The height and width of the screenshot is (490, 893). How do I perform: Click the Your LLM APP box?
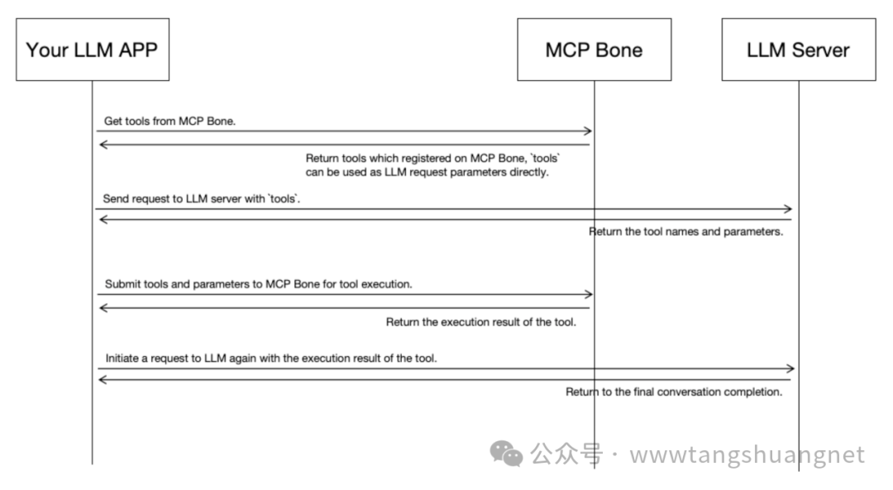click(x=92, y=50)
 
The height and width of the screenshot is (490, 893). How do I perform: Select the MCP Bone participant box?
click(x=594, y=50)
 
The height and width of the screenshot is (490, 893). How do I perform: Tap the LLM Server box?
click(x=798, y=50)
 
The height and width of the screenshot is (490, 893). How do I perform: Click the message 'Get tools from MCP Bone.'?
click(x=170, y=121)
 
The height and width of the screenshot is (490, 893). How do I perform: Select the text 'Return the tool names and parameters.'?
click(x=685, y=232)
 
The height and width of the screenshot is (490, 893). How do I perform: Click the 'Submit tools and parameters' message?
click(x=259, y=284)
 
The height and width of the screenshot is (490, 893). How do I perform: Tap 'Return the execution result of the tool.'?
click(x=481, y=322)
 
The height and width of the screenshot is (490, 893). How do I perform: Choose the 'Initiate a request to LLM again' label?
click(x=271, y=359)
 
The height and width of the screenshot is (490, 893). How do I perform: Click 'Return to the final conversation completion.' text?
click(x=674, y=392)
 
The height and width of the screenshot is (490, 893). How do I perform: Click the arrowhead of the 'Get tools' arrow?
click(x=588, y=131)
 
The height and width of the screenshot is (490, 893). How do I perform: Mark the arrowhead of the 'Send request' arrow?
click(x=789, y=209)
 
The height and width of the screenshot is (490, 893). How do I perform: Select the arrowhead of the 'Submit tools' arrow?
click(x=588, y=294)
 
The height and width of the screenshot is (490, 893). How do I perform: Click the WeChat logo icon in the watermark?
click(x=506, y=453)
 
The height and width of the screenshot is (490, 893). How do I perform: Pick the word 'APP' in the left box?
click(x=134, y=50)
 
